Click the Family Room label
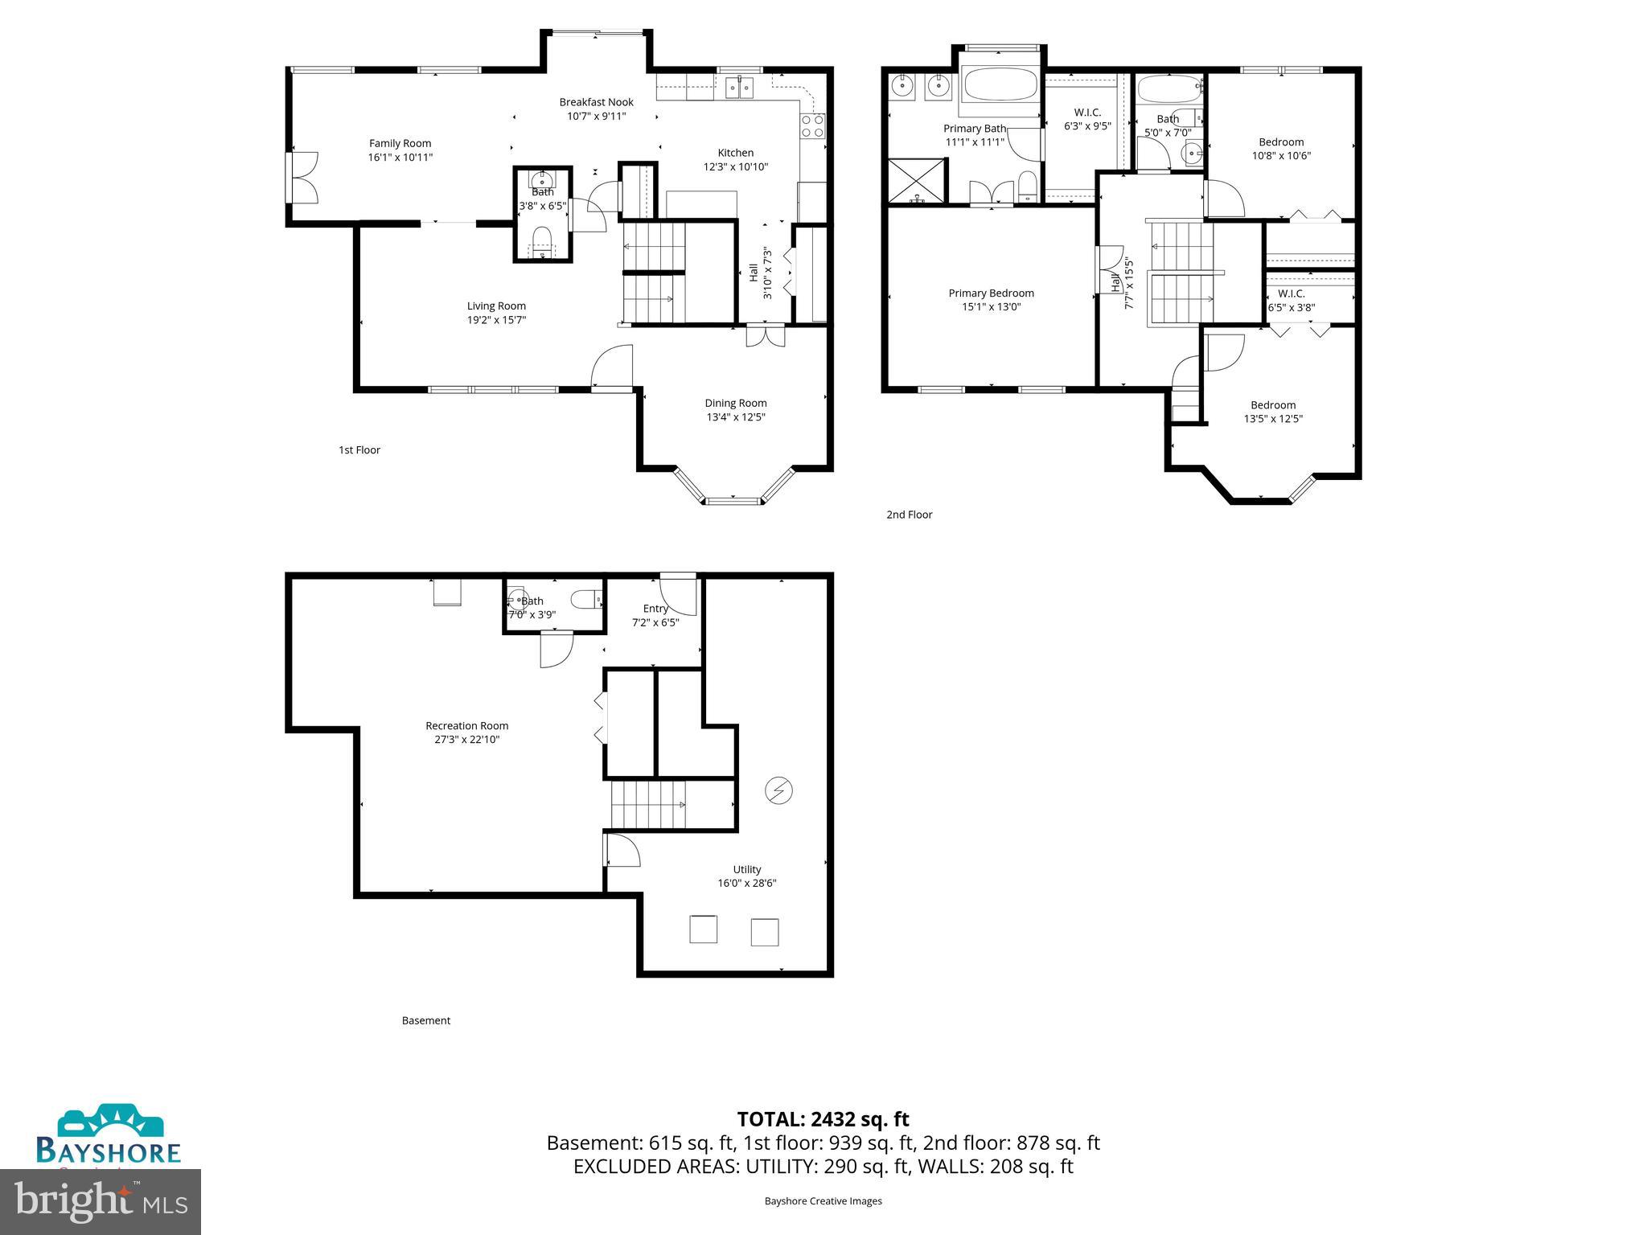[x=400, y=144]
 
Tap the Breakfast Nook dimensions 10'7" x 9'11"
[x=596, y=116]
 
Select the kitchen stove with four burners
[x=812, y=125]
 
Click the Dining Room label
[x=735, y=404]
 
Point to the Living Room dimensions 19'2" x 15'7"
[x=496, y=320]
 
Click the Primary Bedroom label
[x=991, y=293]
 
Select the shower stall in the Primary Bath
[x=917, y=180]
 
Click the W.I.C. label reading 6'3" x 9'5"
[x=1087, y=113]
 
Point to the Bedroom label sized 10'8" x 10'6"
[x=1281, y=142]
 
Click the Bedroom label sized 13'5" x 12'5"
[x=1272, y=405]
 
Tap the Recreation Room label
[x=466, y=726]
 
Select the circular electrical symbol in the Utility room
[x=778, y=791]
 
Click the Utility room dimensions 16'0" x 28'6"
[x=746, y=883]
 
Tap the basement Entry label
[x=655, y=609]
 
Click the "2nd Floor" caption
[x=909, y=515]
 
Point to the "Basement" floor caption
[x=425, y=1020]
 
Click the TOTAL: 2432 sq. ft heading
[x=823, y=1119]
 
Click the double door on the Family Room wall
[x=302, y=178]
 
